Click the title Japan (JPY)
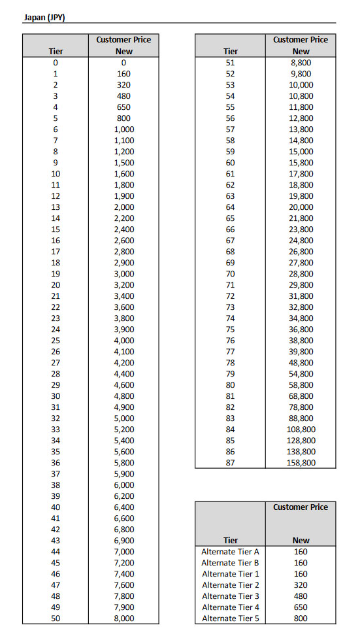coord(44,17)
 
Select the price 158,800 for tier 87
coord(301,463)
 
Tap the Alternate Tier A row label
coord(230,552)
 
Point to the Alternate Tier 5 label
coord(230,618)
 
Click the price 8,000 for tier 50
coord(123,618)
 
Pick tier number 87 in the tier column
coord(230,463)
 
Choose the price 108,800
coord(301,430)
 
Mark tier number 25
coord(56,341)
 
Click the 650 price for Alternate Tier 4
coord(301,607)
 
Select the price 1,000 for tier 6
coord(123,129)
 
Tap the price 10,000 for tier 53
coord(301,85)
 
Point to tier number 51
coord(230,63)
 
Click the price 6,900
coord(123,541)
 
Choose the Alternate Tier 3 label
coord(230,596)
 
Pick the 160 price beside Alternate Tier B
coord(301,563)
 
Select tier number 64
coord(230,207)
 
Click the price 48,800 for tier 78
coord(301,363)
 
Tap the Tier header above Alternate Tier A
coord(230,541)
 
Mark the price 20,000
coord(301,207)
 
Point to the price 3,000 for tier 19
coord(123,274)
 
